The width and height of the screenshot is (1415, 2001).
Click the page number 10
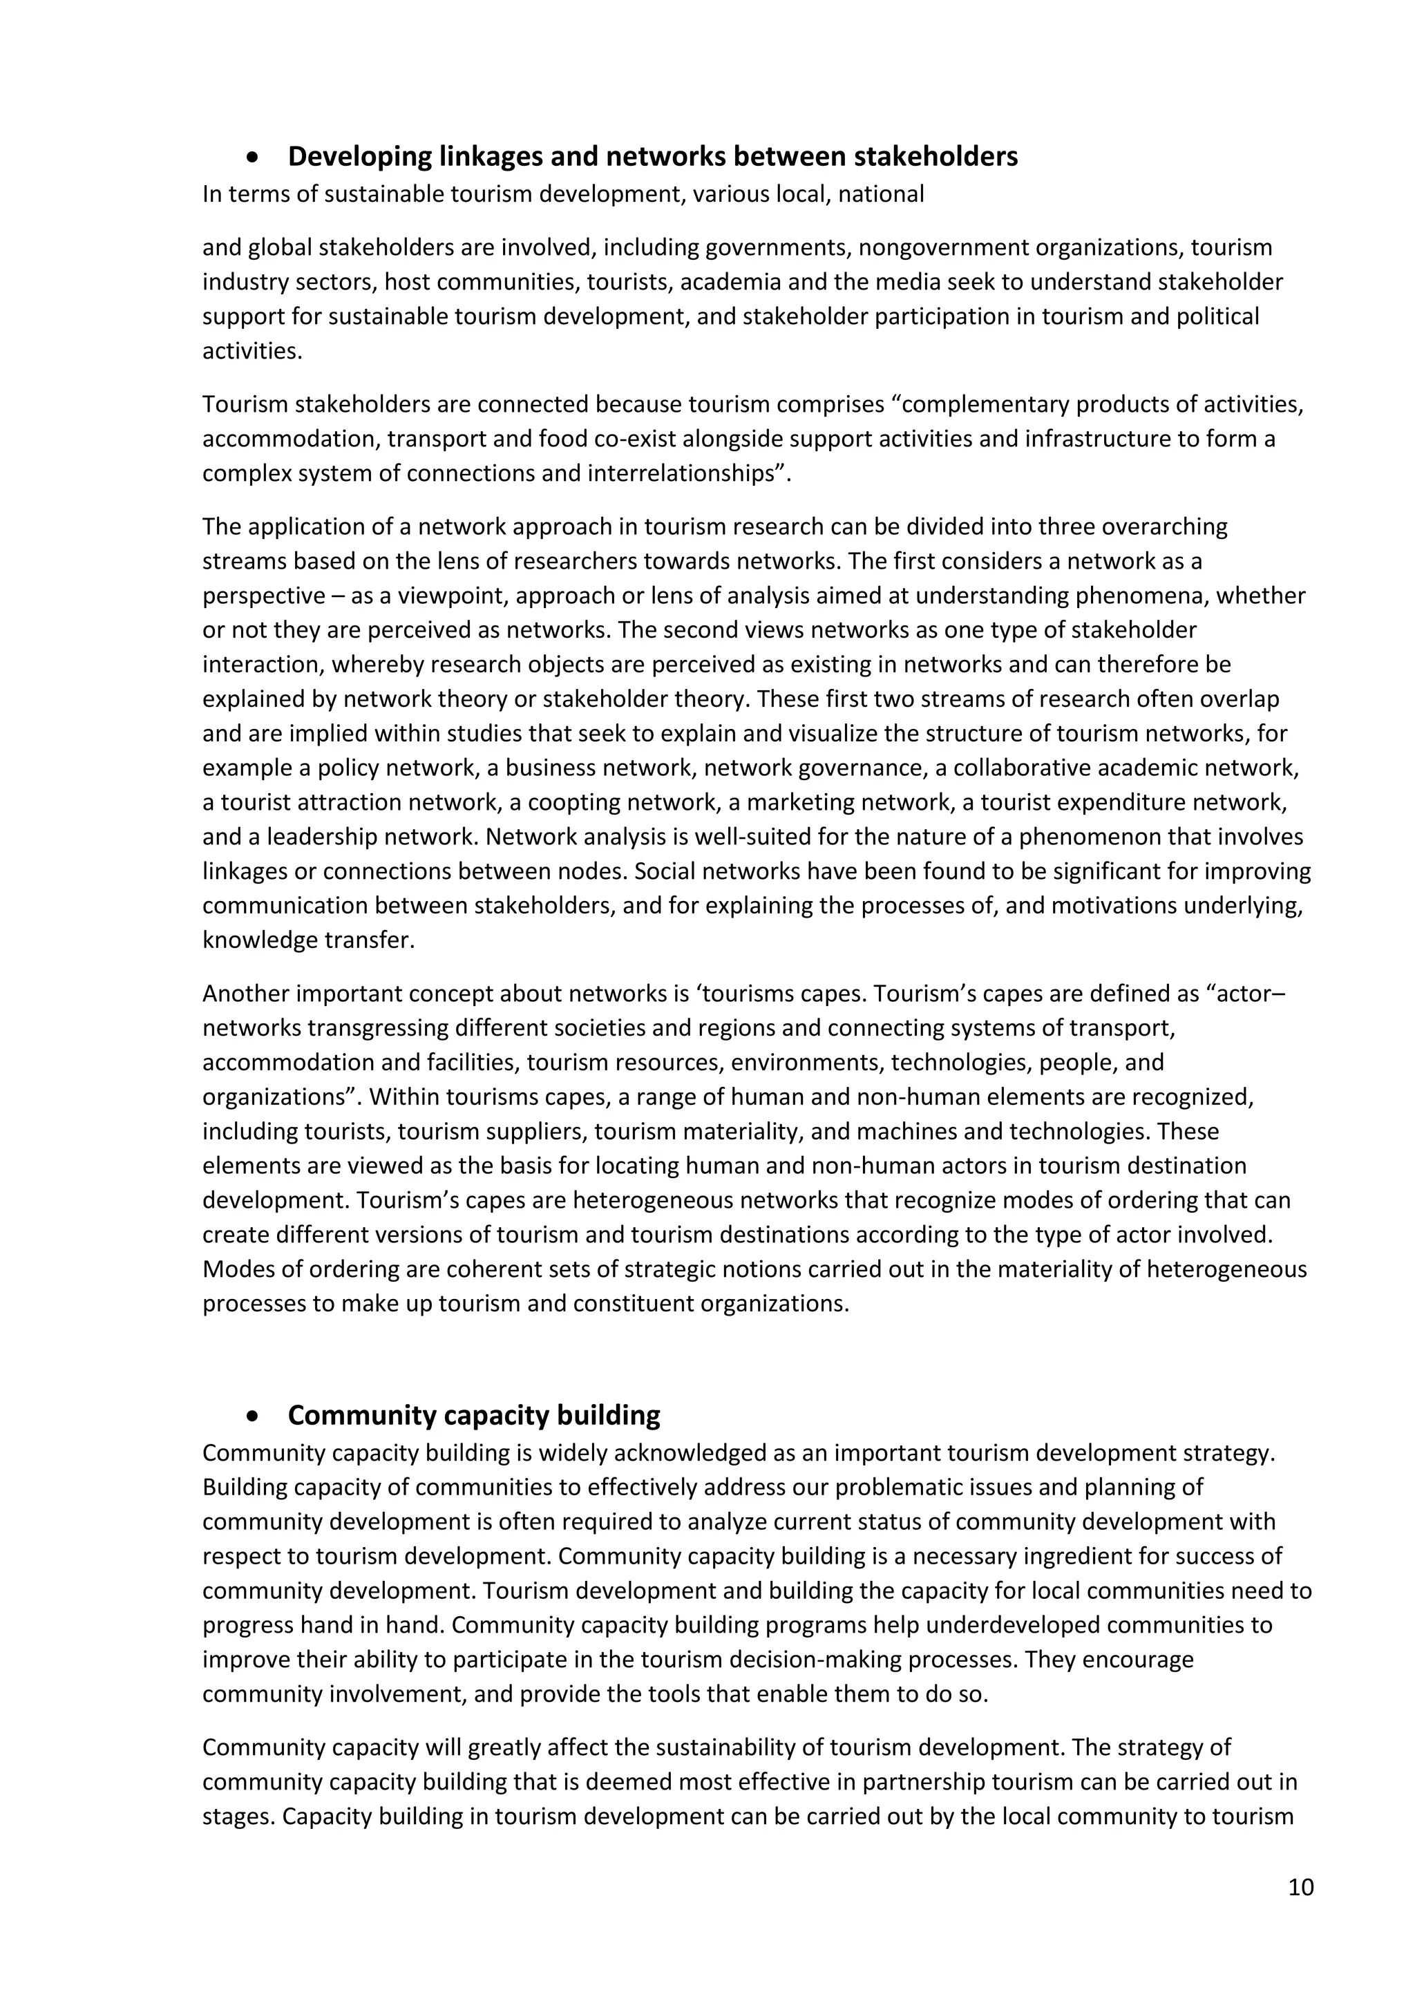click(x=1300, y=1888)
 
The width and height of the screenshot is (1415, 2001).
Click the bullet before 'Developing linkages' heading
click(x=253, y=158)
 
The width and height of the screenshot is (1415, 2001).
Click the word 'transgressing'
click(x=377, y=1027)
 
